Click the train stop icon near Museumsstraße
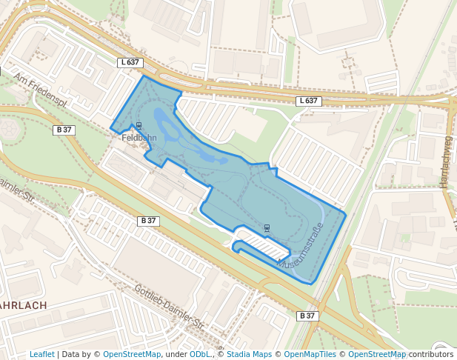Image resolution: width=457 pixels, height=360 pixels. click(x=267, y=226)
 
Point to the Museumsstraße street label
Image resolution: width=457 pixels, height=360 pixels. click(x=301, y=245)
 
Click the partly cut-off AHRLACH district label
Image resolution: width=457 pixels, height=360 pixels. click(x=23, y=305)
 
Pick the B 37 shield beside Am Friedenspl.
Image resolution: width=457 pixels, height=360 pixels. click(x=64, y=130)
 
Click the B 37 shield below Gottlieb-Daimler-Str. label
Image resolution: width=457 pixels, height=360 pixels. click(x=307, y=316)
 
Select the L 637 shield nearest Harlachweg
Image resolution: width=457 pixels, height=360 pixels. click(x=309, y=101)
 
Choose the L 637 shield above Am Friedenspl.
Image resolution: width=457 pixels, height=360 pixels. click(x=129, y=62)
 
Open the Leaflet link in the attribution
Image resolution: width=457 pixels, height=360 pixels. click(x=41, y=354)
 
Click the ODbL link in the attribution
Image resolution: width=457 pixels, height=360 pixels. click(x=200, y=354)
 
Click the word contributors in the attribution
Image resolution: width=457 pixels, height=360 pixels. click(x=431, y=354)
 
